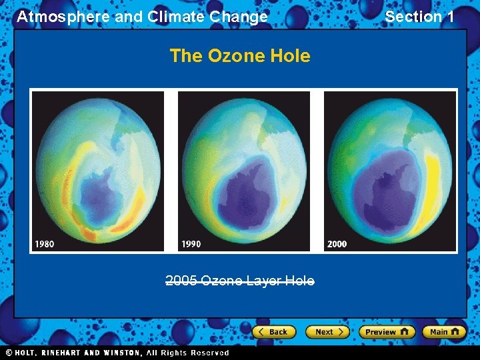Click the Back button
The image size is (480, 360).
(274, 331)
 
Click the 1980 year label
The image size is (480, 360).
(45, 244)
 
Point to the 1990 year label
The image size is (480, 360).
(191, 244)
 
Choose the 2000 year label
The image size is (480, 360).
(337, 244)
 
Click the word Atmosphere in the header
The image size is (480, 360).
(63, 17)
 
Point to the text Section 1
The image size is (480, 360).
(419, 17)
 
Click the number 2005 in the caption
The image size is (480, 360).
(181, 281)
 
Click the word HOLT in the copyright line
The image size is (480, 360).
(25, 353)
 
